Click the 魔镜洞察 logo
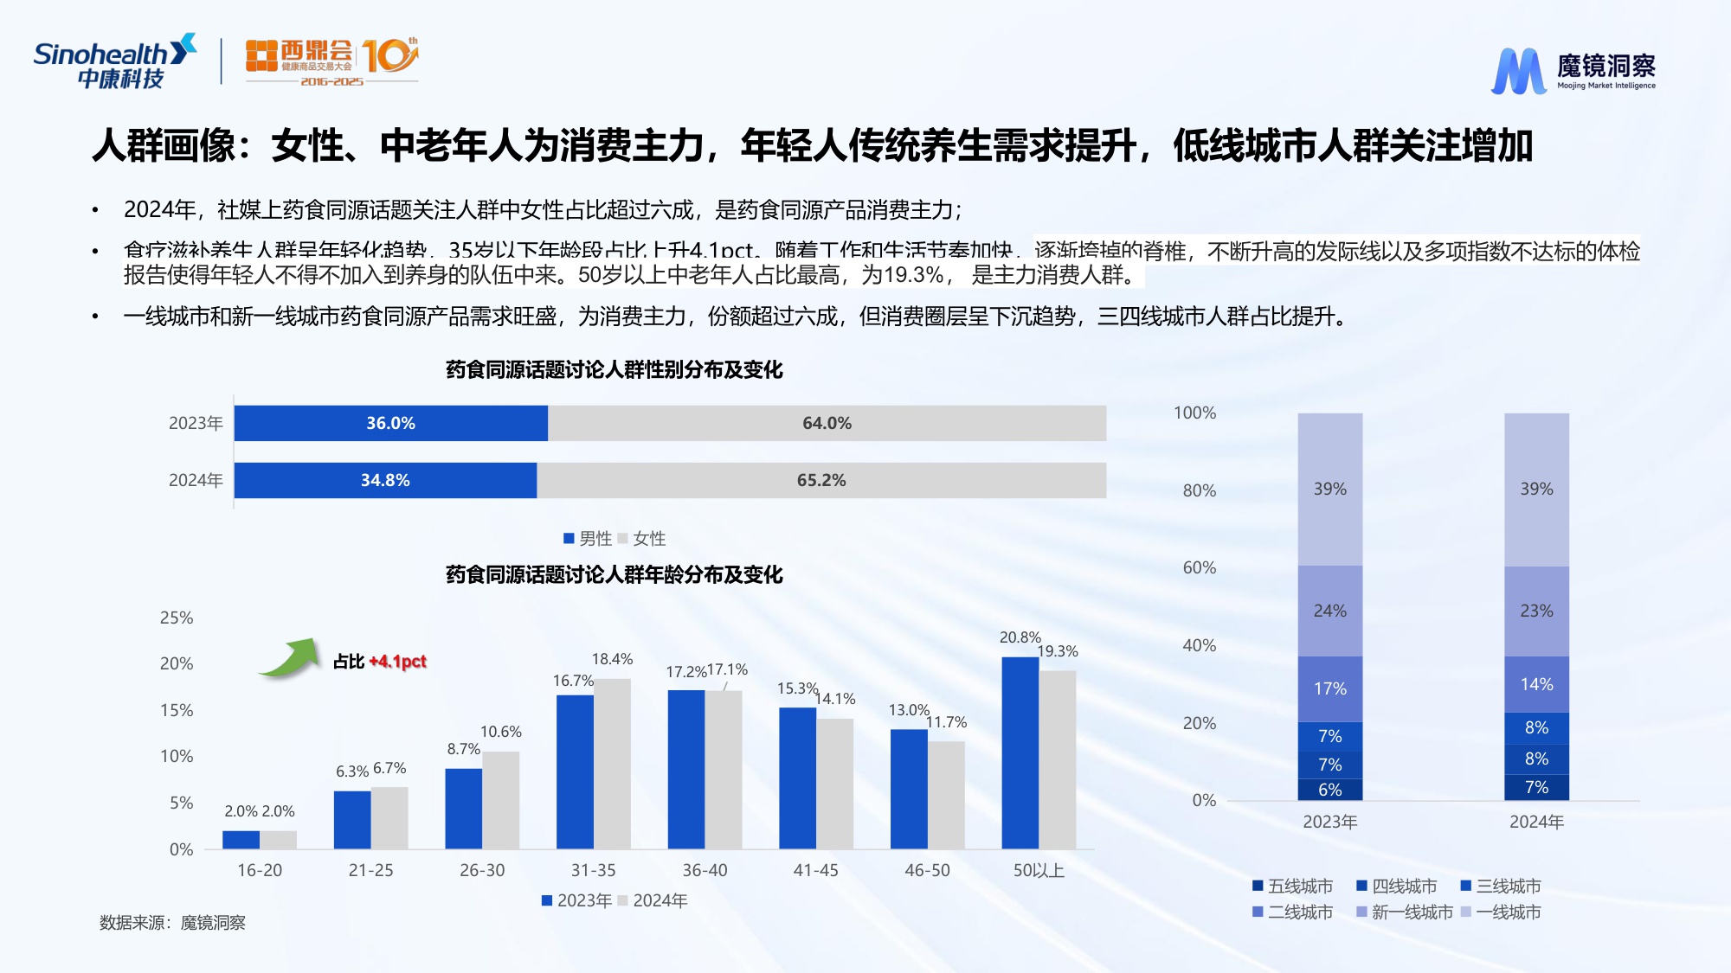click(1573, 70)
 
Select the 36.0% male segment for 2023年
click(390, 423)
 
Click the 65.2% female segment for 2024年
click(820, 480)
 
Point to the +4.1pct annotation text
click(397, 662)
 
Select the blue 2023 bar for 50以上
click(1020, 752)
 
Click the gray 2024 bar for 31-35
click(612, 763)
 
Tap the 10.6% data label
click(500, 732)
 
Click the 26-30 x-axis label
click(482, 870)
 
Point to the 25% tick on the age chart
click(177, 618)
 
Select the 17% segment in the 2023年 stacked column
click(1329, 688)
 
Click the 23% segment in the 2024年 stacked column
click(1536, 611)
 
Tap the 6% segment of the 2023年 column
click(1329, 790)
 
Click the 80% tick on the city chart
click(1199, 490)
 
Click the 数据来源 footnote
click(172, 923)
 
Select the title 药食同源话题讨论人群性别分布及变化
click(614, 370)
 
